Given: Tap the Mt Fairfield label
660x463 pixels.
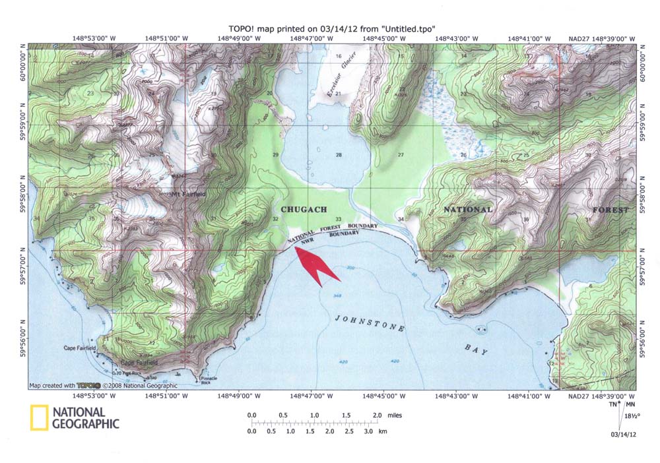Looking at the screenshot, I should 187,195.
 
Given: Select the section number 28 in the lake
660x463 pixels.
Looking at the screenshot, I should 339,156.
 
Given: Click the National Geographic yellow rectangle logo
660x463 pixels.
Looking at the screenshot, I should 39,419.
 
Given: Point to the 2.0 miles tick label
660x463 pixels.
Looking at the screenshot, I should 378,415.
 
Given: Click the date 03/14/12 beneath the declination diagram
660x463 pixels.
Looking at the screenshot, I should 624,435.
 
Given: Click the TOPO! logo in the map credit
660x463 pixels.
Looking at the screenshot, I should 88,385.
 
